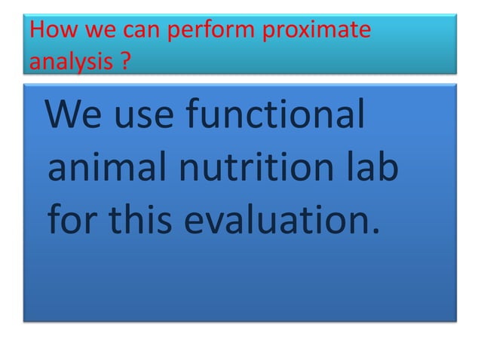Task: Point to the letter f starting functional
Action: click(191, 119)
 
